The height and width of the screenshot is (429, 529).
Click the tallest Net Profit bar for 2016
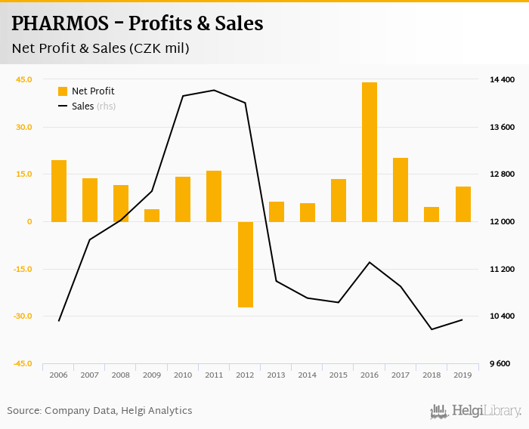(369, 152)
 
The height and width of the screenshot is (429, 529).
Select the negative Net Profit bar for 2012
(245, 264)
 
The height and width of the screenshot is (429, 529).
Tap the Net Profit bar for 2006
(59, 191)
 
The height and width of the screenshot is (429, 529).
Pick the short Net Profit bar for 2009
(152, 215)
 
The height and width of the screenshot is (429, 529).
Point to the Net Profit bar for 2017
(400, 190)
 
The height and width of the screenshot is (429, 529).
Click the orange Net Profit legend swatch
(63, 91)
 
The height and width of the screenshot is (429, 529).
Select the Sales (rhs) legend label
(94, 106)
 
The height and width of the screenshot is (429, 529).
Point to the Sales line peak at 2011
(214, 91)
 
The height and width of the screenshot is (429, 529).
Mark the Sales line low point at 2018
(432, 329)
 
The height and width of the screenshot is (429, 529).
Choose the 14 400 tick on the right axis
(503, 79)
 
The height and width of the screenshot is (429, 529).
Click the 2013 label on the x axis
(276, 375)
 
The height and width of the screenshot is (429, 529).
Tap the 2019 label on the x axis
(462, 375)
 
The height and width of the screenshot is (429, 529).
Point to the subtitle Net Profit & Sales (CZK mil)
(100, 48)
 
